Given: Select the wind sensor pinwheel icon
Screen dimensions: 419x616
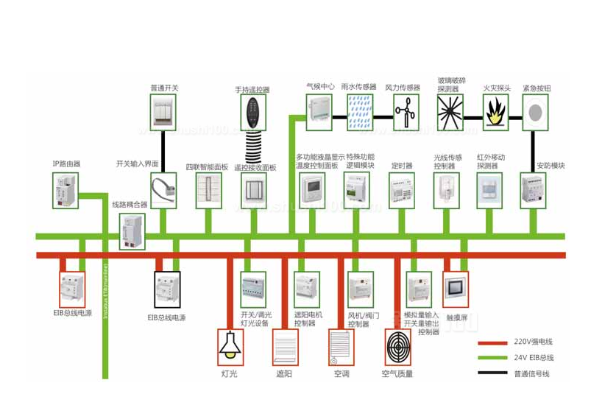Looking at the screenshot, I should tap(403, 112).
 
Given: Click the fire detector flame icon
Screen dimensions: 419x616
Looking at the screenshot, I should tap(496, 111).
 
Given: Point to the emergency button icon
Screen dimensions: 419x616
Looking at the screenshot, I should tap(536, 111).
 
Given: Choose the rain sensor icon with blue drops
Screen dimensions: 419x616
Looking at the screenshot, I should tap(360, 112).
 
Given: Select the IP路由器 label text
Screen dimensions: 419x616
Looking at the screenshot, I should tap(66, 163).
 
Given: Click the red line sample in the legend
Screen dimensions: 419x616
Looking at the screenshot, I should tap(492, 342).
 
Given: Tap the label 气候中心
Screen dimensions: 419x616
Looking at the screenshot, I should tap(320, 86).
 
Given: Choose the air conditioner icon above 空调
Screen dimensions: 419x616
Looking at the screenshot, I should tap(341, 346).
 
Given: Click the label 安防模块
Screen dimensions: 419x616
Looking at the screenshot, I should tap(550, 166).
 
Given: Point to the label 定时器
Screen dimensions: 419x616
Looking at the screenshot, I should tap(401, 166).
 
